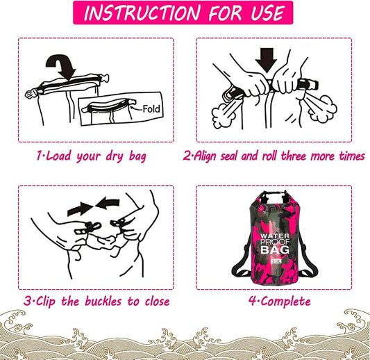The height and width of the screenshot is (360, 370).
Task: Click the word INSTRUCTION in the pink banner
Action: tap(142, 13)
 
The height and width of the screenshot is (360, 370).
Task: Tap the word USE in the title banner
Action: tap(267, 13)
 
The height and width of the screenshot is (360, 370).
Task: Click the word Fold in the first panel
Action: tap(151, 109)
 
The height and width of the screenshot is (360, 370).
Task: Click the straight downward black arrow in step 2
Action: tap(267, 60)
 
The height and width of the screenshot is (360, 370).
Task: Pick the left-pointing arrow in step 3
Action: tap(108, 204)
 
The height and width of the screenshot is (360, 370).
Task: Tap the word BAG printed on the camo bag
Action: tap(275, 249)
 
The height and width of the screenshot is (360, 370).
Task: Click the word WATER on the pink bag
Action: tap(274, 236)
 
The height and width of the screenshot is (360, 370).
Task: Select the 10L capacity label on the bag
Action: tap(276, 261)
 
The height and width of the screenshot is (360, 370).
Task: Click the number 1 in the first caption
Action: tap(40, 156)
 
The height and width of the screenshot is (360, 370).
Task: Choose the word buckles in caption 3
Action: tap(103, 301)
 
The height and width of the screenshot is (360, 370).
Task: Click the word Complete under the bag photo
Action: tap(286, 302)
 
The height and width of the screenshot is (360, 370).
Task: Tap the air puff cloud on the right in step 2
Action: tap(323, 108)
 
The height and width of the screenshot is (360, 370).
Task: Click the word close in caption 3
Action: tap(157, 301)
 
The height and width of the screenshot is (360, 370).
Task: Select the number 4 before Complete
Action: tap(253, 301)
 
